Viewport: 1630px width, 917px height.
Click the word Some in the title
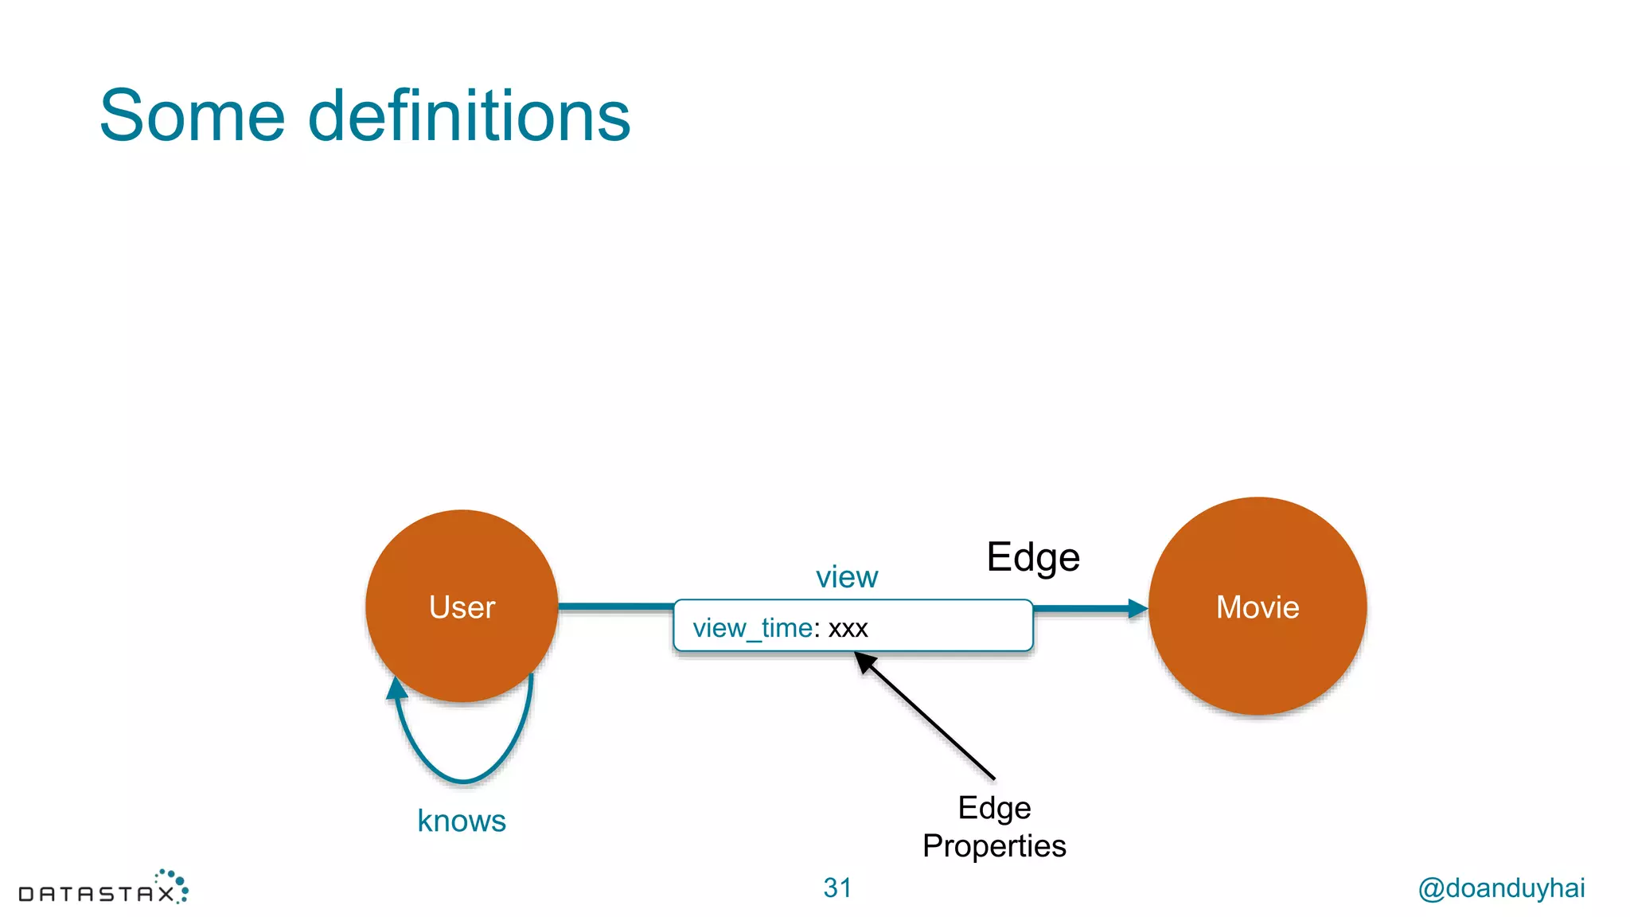pos(192,116)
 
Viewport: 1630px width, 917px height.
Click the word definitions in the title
pos(469,116)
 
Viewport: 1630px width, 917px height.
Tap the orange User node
pos(462,607)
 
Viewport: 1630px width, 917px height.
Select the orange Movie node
pos(1258,607)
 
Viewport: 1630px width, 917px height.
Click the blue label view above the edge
pos(846,577)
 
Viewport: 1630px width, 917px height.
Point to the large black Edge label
pos(1032,557)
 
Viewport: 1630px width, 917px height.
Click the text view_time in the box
pos(752,628)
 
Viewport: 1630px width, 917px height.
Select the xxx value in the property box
pos(848,629)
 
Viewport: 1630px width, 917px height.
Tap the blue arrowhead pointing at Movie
pos(1137,609)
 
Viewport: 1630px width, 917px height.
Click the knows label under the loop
pos(462,821)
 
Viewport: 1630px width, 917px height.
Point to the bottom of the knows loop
pos(463,780)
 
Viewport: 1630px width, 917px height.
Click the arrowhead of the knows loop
pos(396,687)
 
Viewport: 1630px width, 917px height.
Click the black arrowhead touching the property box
pos(864,661)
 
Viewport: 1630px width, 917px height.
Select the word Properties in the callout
pos(994,846)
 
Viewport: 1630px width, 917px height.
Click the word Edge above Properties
pos(994,808)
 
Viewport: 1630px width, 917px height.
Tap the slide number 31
pos(837,888)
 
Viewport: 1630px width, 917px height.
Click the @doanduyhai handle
pos(1501,888)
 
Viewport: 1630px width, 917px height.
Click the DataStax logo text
pos(96,895)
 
